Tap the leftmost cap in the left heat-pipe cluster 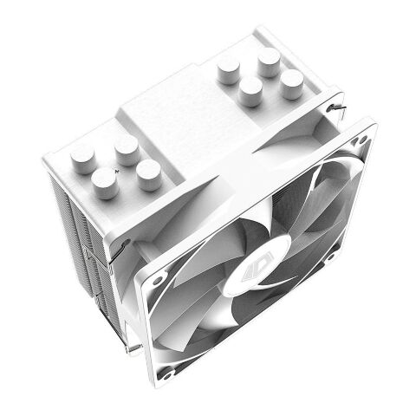pyautogui.click(x=82, y=158)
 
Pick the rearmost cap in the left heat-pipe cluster pyautogui.click(x=127, y=147)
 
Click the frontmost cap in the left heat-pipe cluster pyautogui.click(x=105, y=184)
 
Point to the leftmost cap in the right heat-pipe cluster pyautogui.click(x=228, y=68)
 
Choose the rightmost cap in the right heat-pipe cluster pyautogui.click(x=292, y=81)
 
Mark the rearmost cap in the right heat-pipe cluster pyautogui.click(x=269, y=59)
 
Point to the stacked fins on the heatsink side pyautogui.click(x=82, y=225)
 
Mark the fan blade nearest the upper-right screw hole pyautogui.click(x=334, y=186)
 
